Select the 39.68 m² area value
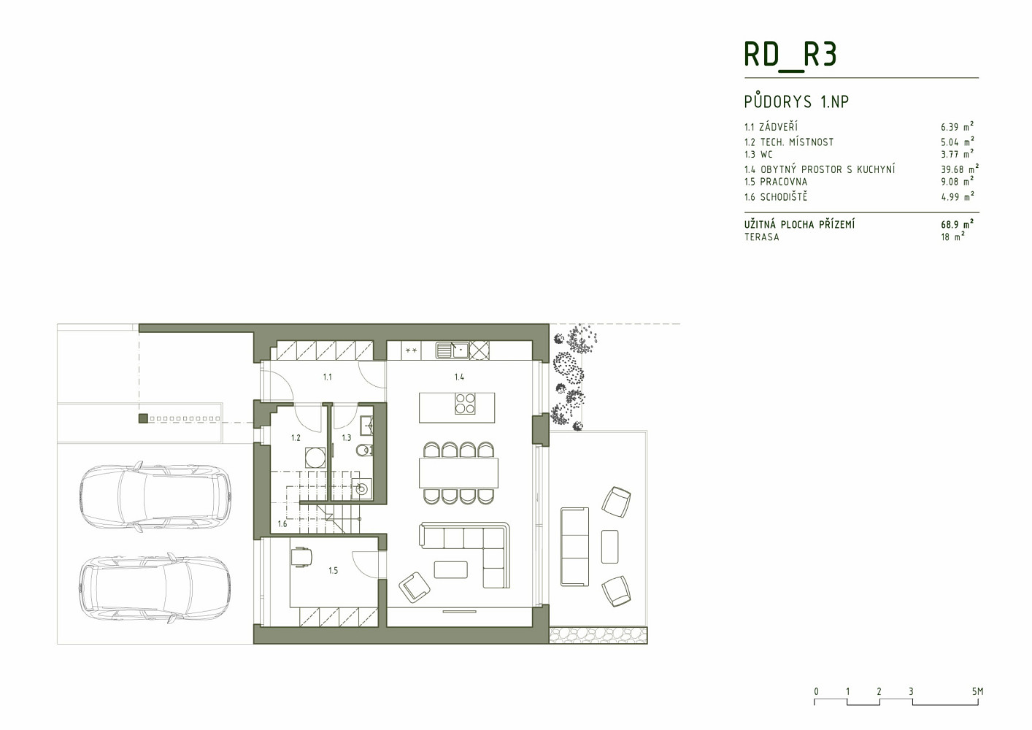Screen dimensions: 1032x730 [x=960, y=169]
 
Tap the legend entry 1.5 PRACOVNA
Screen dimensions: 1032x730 [x=776, y=182]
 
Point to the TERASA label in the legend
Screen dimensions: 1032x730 [x=761, y=237]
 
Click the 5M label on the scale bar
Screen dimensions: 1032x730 [x=978, y=692]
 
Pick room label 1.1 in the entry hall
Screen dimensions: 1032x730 [x=327, y=377]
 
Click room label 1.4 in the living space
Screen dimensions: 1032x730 [x=459, y=377]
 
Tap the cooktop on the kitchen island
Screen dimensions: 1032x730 [x=465, y=403]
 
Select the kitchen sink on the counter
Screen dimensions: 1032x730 [x=453, y=350]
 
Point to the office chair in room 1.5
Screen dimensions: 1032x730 [x=301, y=556]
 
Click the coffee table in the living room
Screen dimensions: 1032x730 [x=450, y=569]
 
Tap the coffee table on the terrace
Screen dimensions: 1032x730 [x=609, y=547]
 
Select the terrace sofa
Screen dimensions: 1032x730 [x=574, y=547]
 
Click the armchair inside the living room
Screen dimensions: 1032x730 [x=415, y=587]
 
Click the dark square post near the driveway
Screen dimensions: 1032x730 [x=143, y=418]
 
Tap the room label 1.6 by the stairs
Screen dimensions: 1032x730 [x=282, y=523]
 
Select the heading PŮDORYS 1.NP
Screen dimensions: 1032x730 [x=796, y=101]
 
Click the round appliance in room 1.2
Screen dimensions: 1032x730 [x=315, y=458]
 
